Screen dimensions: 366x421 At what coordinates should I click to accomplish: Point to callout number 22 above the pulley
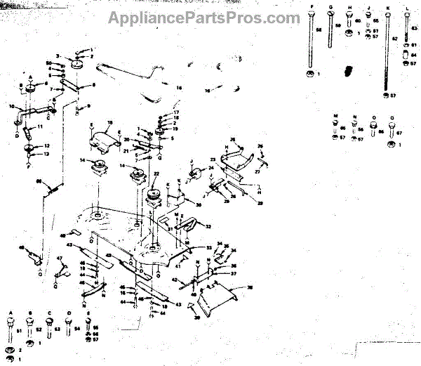pyautogui.click(x=156, y=174)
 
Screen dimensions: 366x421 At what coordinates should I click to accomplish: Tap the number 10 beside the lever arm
pyautogui.click(x=12, y=106)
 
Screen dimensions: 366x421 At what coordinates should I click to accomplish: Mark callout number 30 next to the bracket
pyautogui.click(x=199, y=204)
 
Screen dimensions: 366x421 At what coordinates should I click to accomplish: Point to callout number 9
pyautogui.click(x=88, y=106)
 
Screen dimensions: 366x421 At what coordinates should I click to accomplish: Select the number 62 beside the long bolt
pyautogui.click(x=395, y=38)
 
